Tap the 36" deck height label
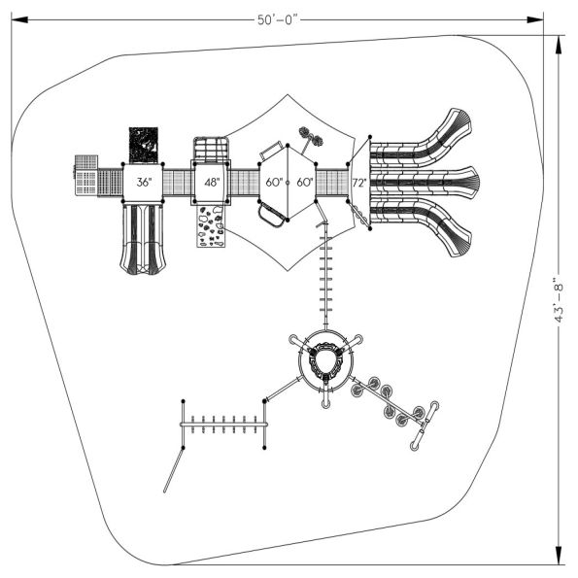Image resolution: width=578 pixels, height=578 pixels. click(144, 182)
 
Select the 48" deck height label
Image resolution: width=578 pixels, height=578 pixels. click(211, 182)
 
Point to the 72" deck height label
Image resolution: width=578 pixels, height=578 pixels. click(358, 182)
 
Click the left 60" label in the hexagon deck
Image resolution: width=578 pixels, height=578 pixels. click(273, 182)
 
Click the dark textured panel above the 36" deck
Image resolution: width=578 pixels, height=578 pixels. click(144, 145)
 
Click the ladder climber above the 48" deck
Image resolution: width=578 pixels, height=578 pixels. click(211, 151)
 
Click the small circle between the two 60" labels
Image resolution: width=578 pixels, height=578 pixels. click(288, 182)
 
